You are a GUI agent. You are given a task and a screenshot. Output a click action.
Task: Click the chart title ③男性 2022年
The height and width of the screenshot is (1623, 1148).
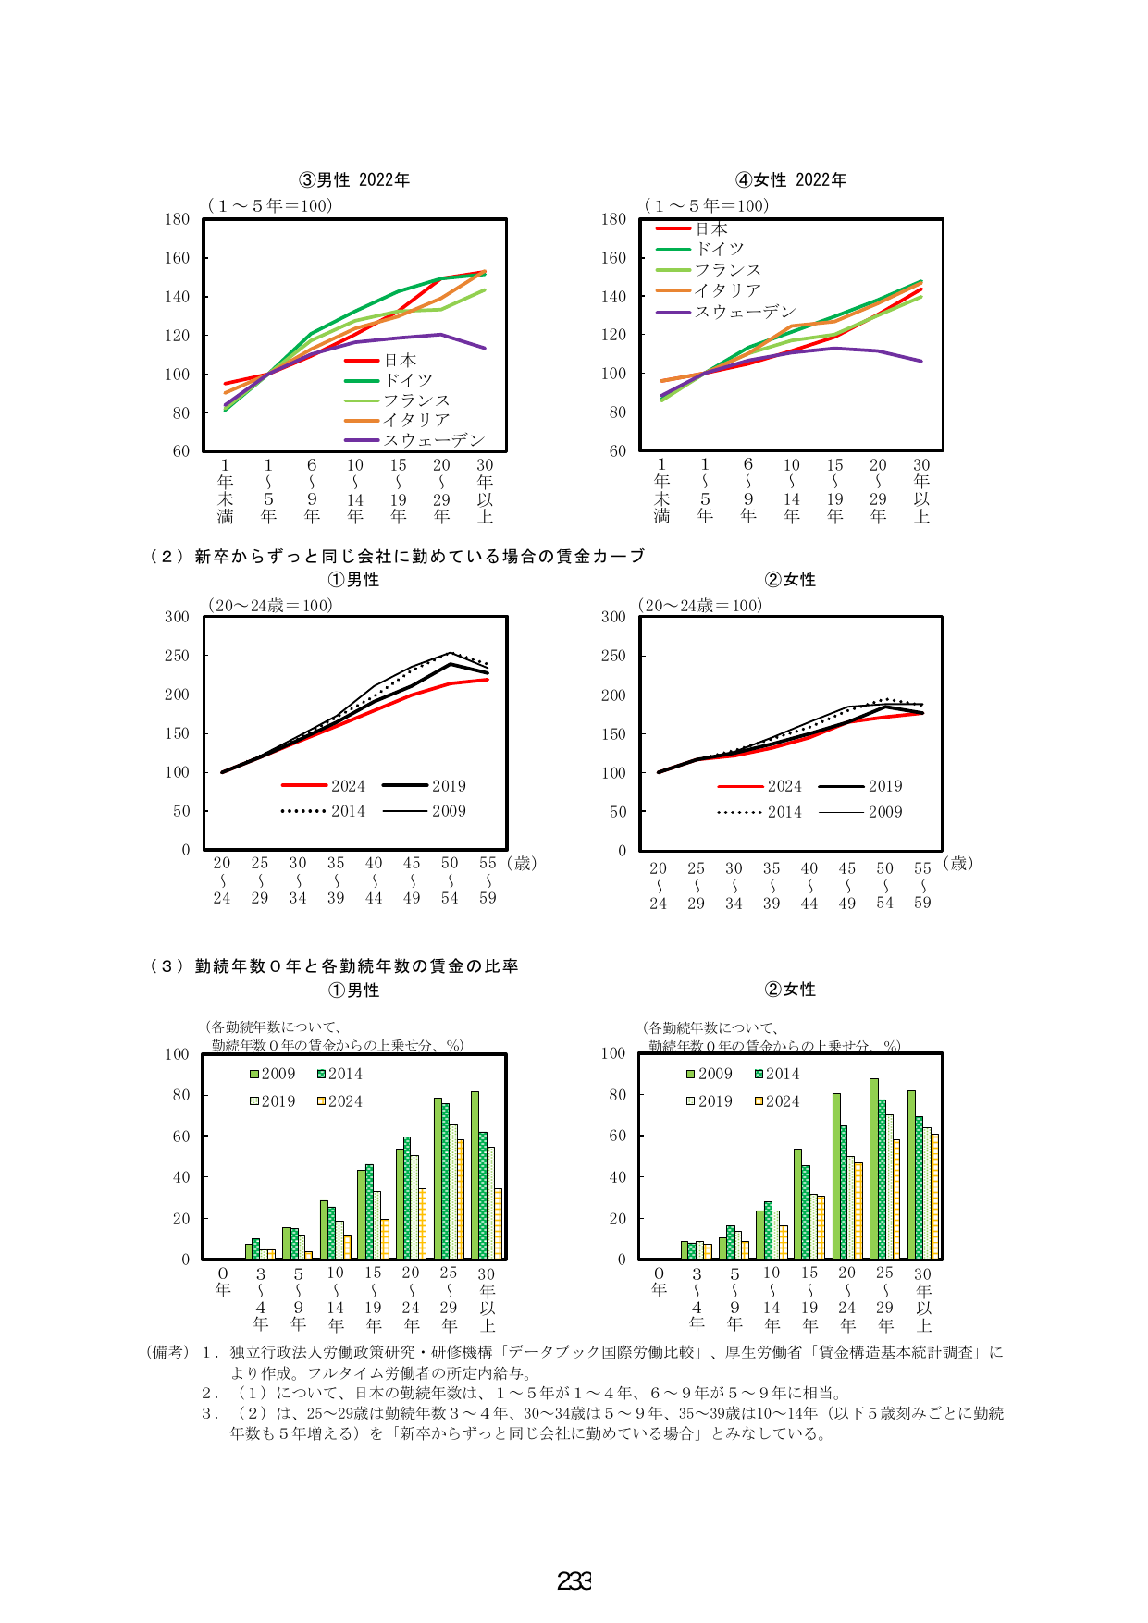354,179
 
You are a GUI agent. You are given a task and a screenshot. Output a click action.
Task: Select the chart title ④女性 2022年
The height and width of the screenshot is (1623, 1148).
791,179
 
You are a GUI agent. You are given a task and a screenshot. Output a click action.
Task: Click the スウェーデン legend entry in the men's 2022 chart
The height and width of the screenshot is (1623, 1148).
414,440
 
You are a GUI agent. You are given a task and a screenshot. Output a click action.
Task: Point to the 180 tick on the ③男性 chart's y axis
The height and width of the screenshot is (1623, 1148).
177,219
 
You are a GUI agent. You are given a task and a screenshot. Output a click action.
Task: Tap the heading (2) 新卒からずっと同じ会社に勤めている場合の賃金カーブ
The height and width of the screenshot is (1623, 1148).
397,556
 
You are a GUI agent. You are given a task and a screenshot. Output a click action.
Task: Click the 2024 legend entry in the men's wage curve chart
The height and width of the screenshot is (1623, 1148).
324,786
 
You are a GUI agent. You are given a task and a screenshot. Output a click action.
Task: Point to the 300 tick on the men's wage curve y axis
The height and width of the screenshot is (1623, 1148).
177,617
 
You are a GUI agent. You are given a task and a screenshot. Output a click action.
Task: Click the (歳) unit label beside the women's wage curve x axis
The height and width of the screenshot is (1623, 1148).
958,863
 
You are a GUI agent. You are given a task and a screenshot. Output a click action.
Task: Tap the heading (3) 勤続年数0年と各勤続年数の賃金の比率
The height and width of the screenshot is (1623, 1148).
334,966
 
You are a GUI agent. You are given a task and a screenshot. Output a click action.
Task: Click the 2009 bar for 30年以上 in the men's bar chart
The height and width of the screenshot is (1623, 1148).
475,1175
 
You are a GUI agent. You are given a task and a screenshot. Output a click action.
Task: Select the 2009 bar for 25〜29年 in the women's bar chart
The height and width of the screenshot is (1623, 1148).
873,1169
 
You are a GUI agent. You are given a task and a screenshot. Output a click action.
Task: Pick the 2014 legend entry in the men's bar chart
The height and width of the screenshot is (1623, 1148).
339,1074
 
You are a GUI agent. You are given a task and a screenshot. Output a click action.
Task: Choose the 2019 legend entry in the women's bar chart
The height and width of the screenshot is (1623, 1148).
710,1101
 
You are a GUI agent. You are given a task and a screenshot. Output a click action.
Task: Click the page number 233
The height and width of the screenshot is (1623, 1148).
574,1581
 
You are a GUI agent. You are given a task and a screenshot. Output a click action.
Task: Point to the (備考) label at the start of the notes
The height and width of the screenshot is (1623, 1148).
167,1352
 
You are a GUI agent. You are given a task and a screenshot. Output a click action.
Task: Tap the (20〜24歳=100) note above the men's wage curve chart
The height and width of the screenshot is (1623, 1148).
269,606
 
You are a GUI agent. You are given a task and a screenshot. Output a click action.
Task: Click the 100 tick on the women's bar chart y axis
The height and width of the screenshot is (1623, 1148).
613,1053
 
